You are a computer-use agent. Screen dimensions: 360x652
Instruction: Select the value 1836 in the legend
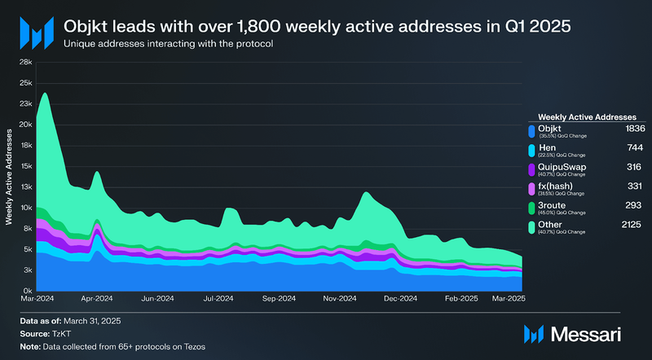tap(612, 129)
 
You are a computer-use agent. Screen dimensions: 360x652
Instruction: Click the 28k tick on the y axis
tap(25, 62)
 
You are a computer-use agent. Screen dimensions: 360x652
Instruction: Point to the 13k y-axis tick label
tap(25, 187)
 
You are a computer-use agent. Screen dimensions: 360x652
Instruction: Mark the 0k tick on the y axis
tap(27, 291)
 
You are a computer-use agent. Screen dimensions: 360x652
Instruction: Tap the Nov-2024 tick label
tap(340, 300)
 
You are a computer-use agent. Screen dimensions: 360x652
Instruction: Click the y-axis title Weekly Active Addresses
tap(11, 176)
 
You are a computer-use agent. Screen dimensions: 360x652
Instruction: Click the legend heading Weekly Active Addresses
tap(586, 117)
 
